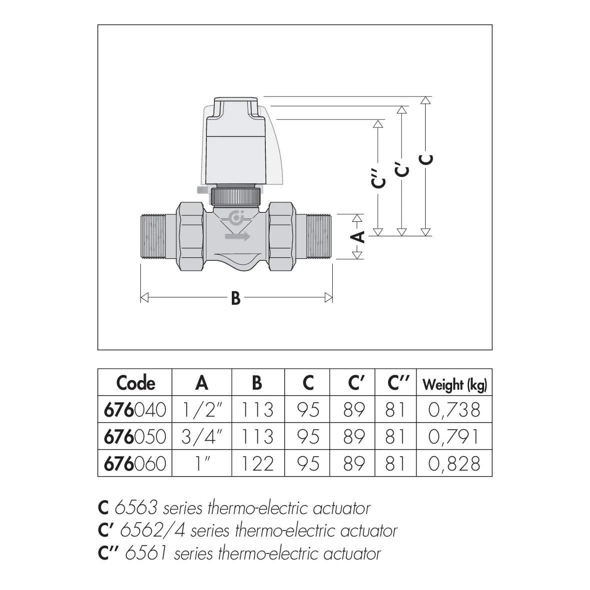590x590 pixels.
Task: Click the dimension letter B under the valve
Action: click(236, 298)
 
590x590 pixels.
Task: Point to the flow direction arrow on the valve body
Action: click(237, 236)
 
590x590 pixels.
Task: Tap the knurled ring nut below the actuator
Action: click(235, 196)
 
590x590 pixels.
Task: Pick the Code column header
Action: click(135, 383)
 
